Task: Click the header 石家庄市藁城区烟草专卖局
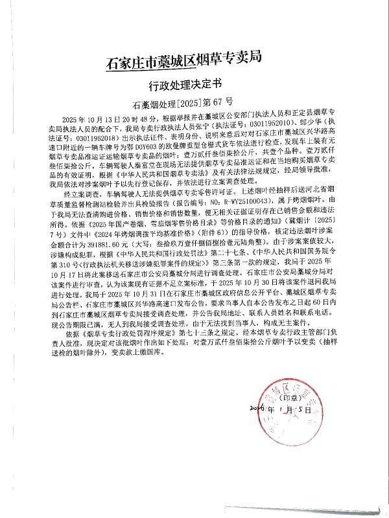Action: click(182, 63)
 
